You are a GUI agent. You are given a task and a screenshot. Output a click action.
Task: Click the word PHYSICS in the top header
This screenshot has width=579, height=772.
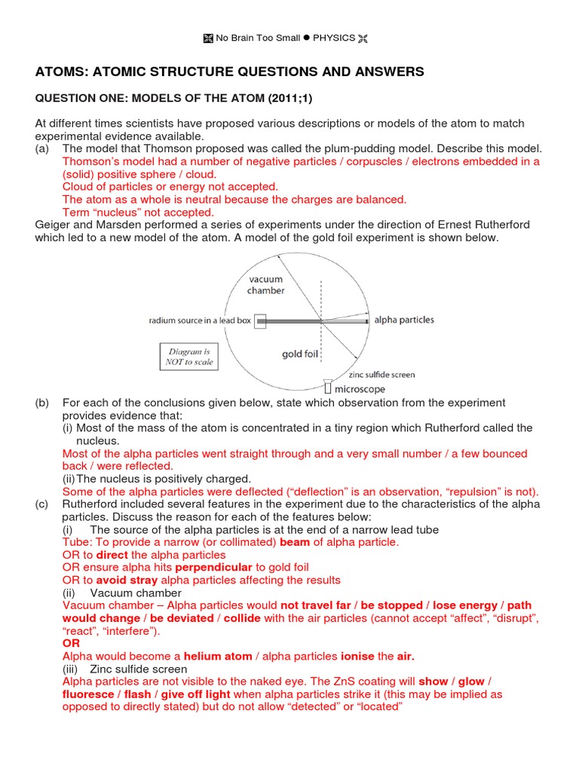[335, 38]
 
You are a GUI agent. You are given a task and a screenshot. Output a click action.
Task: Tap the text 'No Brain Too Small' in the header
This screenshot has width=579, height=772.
[258, 38]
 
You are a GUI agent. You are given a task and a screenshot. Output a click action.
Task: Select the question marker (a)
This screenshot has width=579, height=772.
[43, 149]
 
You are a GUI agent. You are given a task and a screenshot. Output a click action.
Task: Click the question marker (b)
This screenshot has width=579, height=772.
[43, 403]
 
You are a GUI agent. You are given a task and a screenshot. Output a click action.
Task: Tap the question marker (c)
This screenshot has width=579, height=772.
[43, 504]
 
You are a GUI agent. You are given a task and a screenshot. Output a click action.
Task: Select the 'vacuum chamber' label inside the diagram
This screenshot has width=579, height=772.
[266, 285]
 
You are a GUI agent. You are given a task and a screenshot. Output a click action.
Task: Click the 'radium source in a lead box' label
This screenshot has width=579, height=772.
[200, 320]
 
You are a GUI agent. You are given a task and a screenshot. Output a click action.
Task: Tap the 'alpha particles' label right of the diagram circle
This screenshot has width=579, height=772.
[404, 320]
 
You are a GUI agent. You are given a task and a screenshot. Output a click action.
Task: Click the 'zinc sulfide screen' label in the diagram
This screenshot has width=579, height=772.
[381, 375]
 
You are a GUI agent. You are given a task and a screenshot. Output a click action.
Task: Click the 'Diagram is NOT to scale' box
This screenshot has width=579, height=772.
[189, 356]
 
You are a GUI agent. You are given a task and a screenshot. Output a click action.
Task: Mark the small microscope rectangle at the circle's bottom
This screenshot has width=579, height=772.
[328, 387]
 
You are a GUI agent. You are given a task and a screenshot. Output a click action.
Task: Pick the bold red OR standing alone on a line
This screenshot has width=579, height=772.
[70, 644]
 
